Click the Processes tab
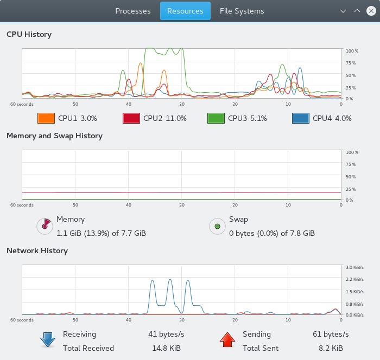tap(133, 11)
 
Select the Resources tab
tap(185, 11)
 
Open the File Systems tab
tap(242, 11)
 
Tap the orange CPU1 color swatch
tap(46, 118)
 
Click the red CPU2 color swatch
tap(131, 118)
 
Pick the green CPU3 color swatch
tap(216, 118)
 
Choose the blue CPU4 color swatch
tap(301, 118)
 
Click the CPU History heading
tap(29, 34)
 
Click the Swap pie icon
tap(217, 226)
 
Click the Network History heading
tap(37, 250)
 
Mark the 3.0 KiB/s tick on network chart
tap(354, 267)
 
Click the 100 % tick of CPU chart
tap(352, 51)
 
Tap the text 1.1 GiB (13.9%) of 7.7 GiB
tap(101, 233)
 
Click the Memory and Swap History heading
tap(54, 136)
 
